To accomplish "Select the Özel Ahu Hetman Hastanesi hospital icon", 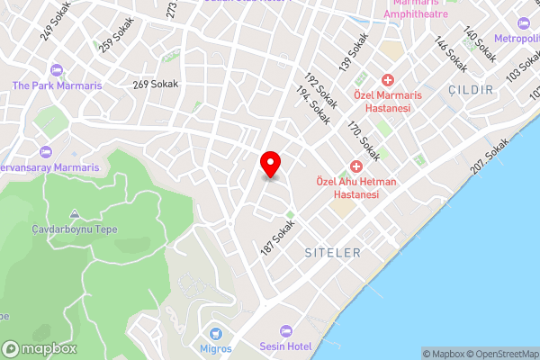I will (x=356, y=167).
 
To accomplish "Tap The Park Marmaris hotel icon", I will (x=57, y=70).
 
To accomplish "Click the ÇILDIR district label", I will (x=470, y=91).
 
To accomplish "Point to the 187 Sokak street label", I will (x=279, y=238).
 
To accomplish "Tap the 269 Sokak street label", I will (x=156, y=85).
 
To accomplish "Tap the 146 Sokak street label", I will (x=451, y=56).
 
